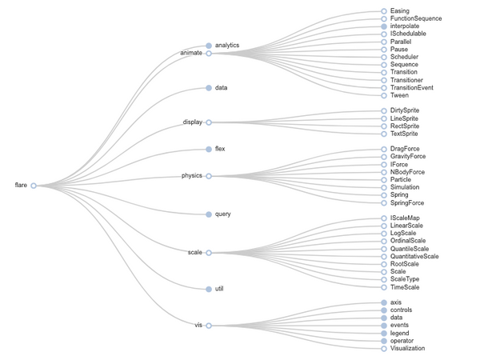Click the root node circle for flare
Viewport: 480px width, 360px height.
[34, 186]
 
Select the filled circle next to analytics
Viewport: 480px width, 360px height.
[209, 46]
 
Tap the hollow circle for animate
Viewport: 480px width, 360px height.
[209, 54]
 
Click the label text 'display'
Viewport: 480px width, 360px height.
[193, 122]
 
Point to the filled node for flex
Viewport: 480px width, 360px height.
[209, 149]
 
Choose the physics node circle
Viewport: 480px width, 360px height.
[209, 176]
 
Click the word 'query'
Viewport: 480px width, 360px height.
[223, 214]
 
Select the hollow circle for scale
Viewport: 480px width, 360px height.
[209, 253]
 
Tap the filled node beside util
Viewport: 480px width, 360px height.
[209, 289]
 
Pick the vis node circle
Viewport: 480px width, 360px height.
[209, 326]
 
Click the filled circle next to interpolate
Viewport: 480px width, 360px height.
[384, 26]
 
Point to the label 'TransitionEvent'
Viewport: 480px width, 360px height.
[412, 87]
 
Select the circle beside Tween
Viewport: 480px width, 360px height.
[384, 95]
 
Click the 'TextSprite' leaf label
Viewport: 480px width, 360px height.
[404, 134]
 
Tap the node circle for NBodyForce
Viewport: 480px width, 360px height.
[384, 172]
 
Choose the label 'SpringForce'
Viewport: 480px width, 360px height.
[407, 202]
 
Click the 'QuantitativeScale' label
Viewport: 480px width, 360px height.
[414, 256]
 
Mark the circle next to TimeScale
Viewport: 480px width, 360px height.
[384, 287]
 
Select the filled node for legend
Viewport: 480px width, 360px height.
[384, 333]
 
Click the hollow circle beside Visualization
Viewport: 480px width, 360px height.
[384, 348]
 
